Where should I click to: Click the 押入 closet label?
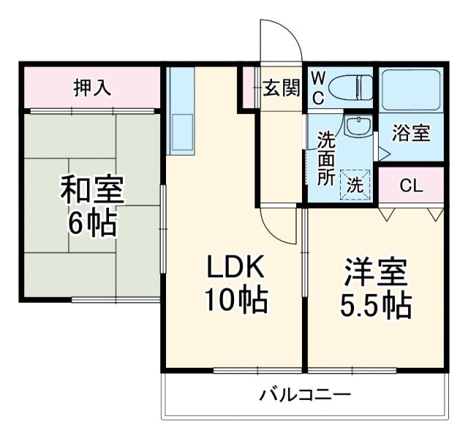91,88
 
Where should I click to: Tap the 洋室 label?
374,272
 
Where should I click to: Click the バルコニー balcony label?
305,396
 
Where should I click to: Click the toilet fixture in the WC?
348,87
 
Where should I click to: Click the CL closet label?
411,186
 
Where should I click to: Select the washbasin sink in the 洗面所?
358,126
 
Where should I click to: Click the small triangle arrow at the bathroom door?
382,153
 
